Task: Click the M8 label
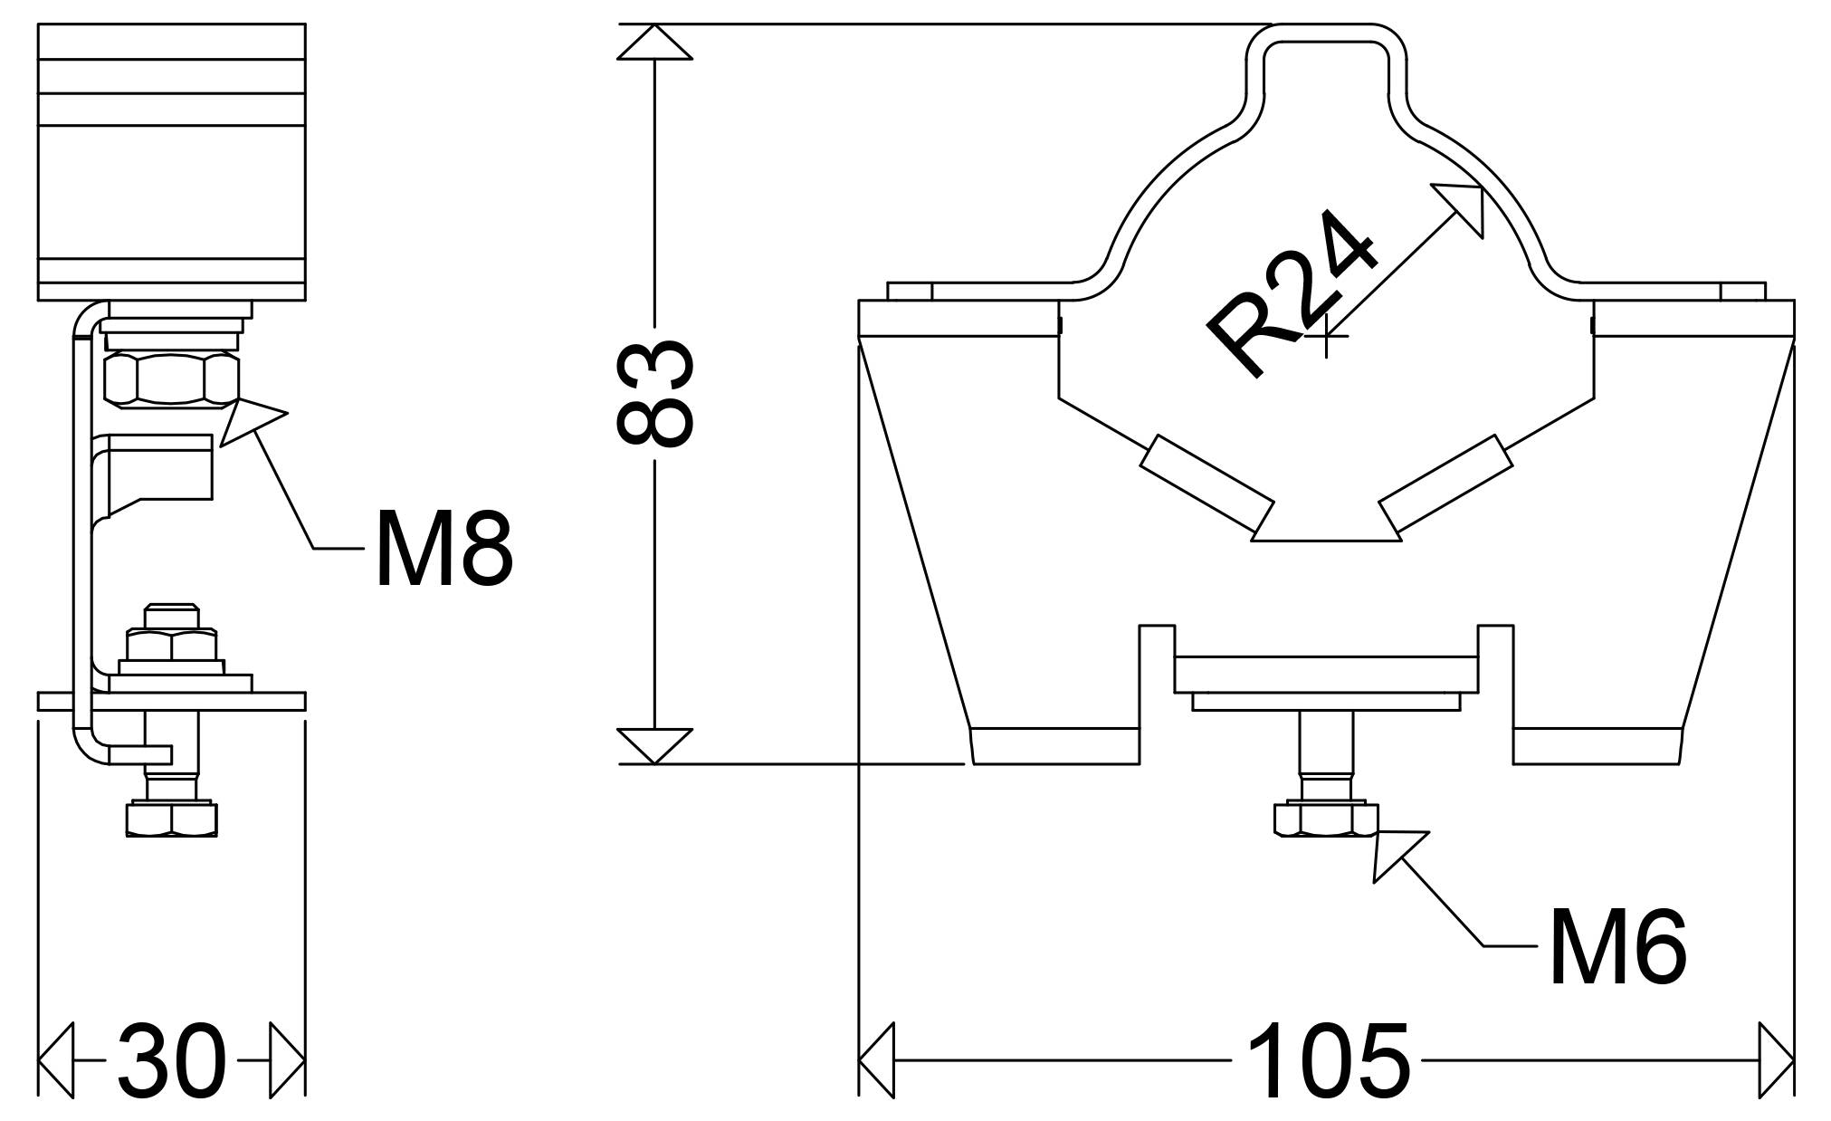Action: point(444,549)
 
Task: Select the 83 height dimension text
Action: point(654,394)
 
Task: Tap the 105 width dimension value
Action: point(1328,1060)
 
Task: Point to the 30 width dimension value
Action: point(172,1060)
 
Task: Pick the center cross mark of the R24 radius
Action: point(1326,336)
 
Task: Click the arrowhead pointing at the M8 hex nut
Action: point(253,420)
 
